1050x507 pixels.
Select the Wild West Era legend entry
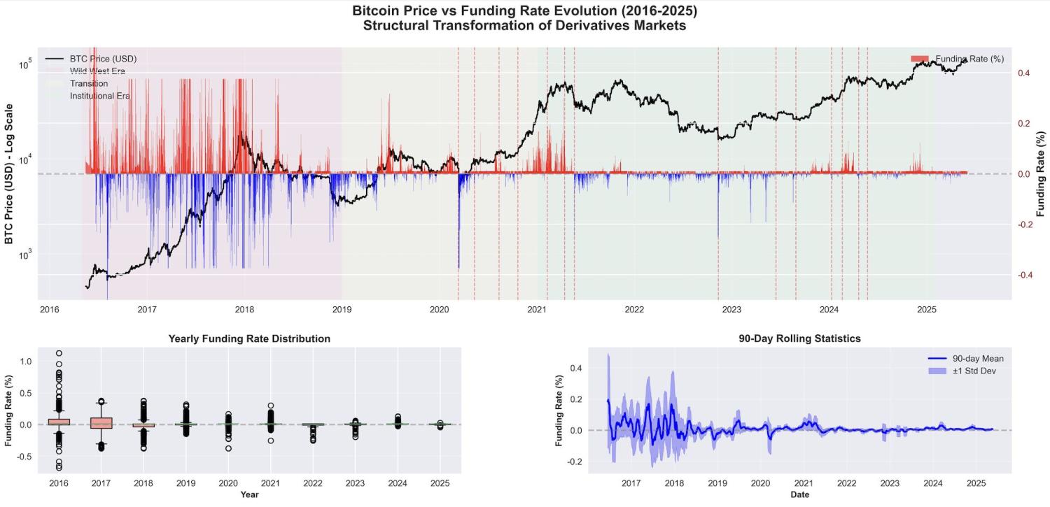pos(97,71)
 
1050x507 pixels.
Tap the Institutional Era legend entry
pos(100,96)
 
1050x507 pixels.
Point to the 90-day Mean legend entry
pos(978,359)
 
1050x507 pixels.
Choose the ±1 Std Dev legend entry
pos(974,371)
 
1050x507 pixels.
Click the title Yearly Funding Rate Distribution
pos(249,338)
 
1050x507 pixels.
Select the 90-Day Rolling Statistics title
pos(799,338)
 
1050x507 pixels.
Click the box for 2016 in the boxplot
pos(59,422)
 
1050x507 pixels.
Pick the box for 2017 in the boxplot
pos(101,423)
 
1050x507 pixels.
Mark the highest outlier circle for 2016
pos(59,354)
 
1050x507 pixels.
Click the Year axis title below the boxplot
pos(250,494)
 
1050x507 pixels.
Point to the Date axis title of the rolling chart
pos(799,494)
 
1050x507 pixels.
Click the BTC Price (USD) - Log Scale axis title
pos(9,173)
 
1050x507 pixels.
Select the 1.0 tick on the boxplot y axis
pos(25,361)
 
